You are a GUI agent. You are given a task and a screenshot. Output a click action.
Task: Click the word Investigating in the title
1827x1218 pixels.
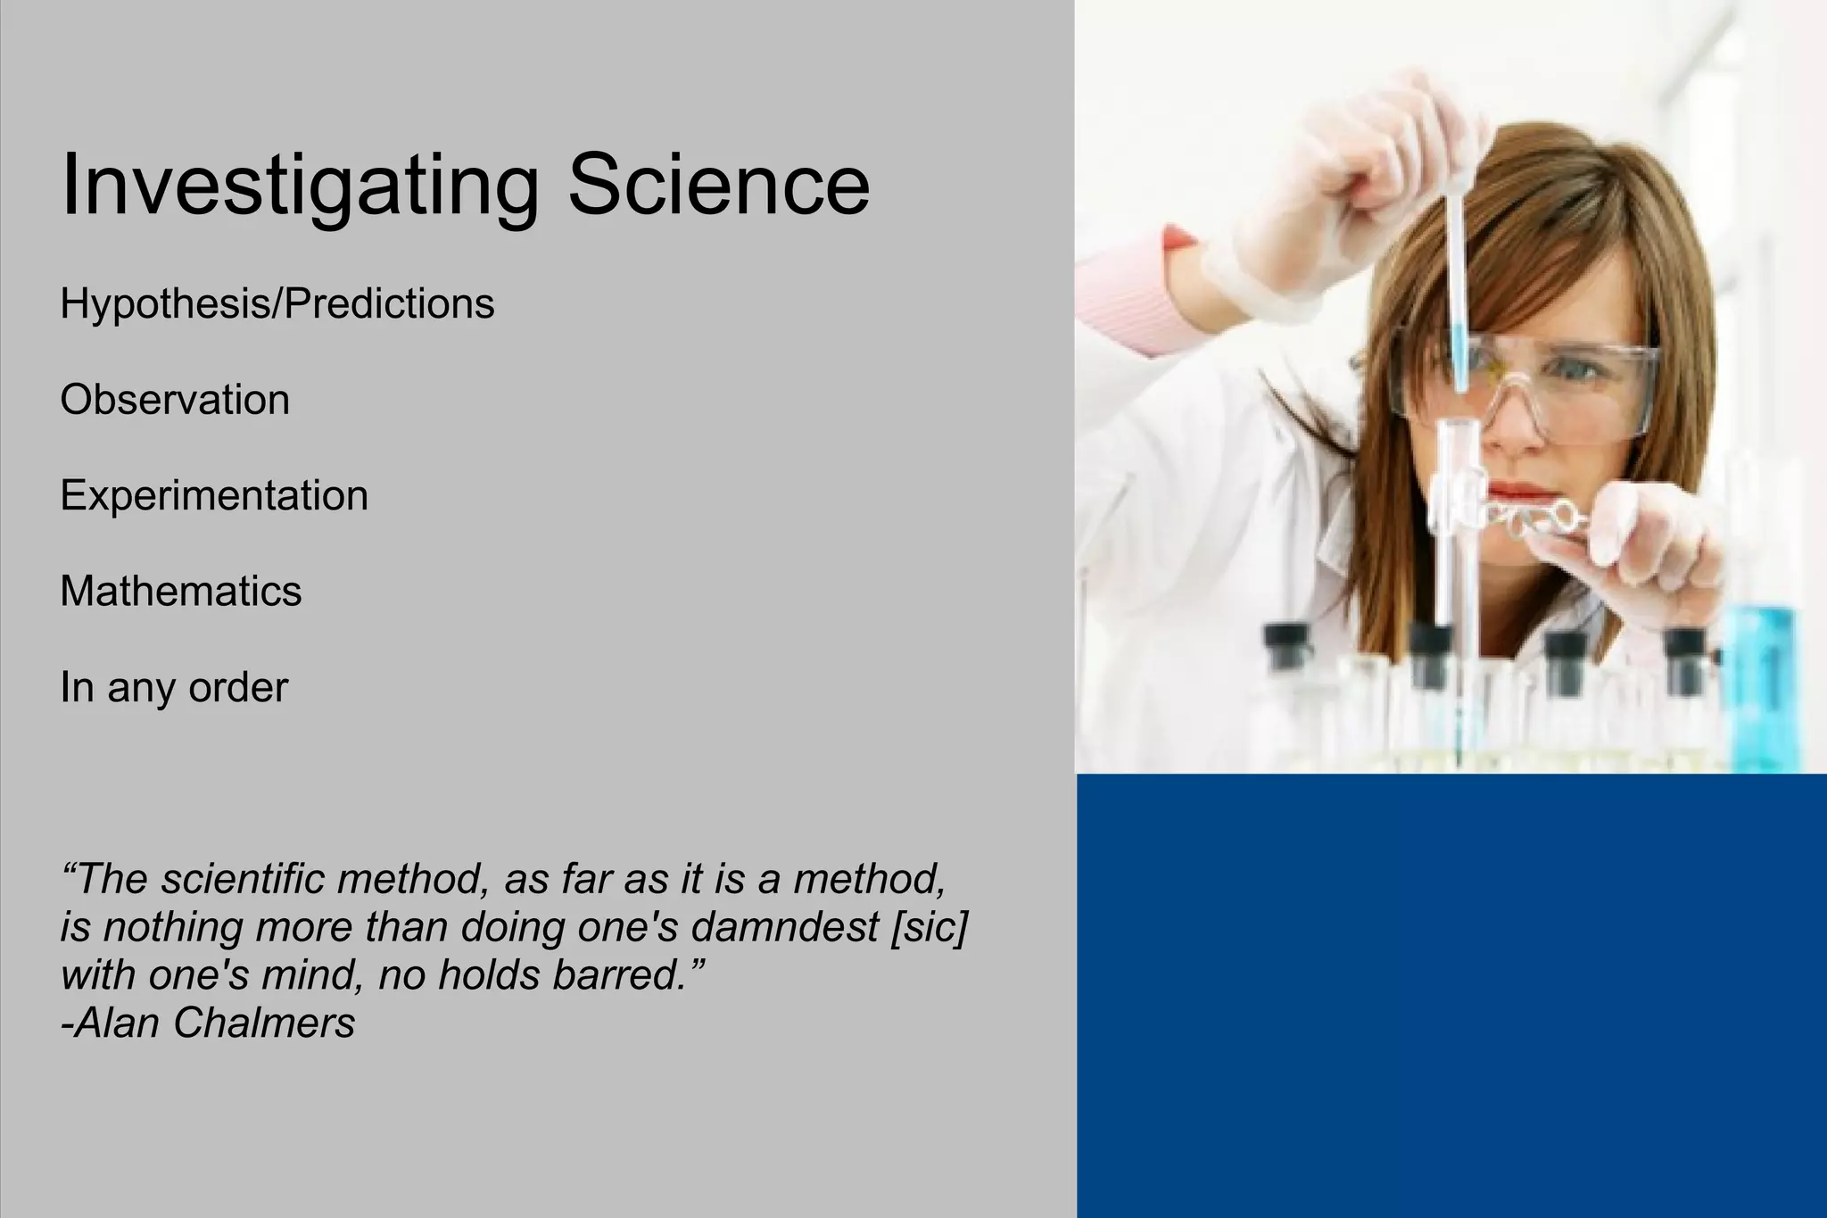point(300,185)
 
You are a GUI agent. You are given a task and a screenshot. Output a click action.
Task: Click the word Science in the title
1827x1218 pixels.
point(718,185)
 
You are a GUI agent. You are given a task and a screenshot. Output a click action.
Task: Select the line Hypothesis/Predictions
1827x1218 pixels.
point(277,304)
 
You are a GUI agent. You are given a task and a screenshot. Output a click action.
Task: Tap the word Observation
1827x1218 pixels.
point(175,400)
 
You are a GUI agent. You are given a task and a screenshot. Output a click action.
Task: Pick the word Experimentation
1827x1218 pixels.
point(214,495)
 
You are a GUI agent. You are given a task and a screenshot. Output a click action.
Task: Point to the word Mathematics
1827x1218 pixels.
point(181,591)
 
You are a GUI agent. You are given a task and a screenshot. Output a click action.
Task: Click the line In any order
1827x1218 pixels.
point(174,687)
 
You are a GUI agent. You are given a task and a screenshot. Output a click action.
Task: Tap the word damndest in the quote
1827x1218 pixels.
point(785,927)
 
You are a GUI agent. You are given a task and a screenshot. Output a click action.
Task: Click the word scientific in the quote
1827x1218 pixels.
point(243,879)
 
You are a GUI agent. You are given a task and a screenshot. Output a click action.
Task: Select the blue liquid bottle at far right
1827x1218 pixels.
point(1763,687)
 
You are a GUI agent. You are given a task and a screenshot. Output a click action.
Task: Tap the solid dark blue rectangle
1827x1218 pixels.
point(1451,995)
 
